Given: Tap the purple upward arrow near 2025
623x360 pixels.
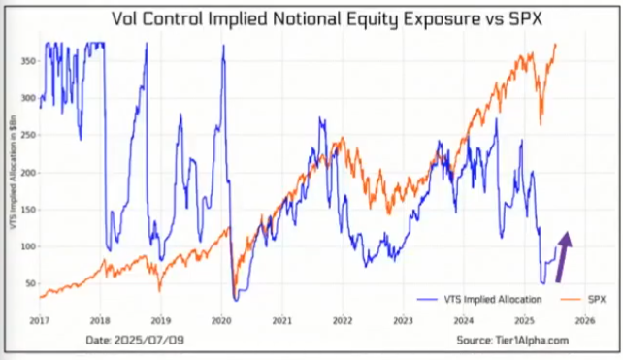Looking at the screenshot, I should point(566,250).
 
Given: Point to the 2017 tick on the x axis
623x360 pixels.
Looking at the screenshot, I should point(40,318).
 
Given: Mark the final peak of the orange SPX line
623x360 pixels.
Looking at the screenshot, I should point(555,44).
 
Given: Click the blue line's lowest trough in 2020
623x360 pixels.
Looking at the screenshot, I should point(236,299).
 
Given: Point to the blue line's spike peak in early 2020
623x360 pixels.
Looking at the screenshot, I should point(223,46).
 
